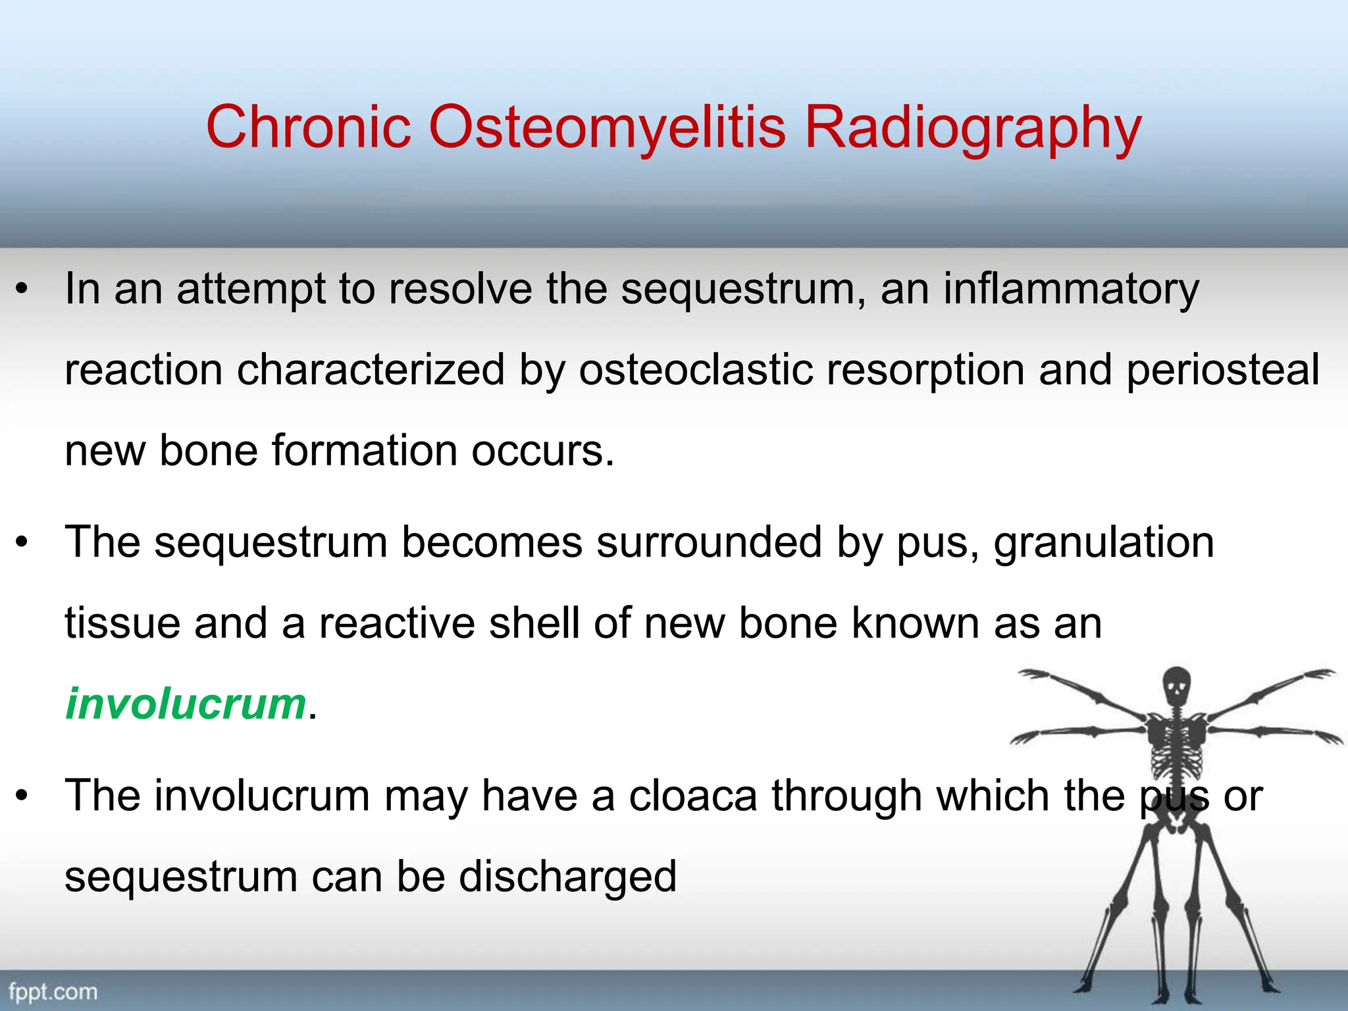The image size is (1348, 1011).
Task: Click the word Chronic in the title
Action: [308, 126]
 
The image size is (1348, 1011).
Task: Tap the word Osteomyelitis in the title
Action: [607, 126]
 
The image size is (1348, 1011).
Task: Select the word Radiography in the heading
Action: [973, 126]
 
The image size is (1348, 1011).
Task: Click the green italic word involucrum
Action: [186, 704]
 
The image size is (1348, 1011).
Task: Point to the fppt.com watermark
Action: [53, 991]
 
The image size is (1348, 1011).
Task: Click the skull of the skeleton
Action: [1176, 688]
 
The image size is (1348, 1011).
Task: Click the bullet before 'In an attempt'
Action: [22, 289]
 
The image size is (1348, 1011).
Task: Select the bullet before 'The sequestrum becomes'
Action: [22, 542]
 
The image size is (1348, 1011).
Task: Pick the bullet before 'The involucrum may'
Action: [22, 796]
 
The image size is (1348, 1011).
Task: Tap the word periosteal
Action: [1222, 370]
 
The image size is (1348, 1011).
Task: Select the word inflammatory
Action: [1071, 289]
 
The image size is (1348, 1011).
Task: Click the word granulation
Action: [1103, 542]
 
